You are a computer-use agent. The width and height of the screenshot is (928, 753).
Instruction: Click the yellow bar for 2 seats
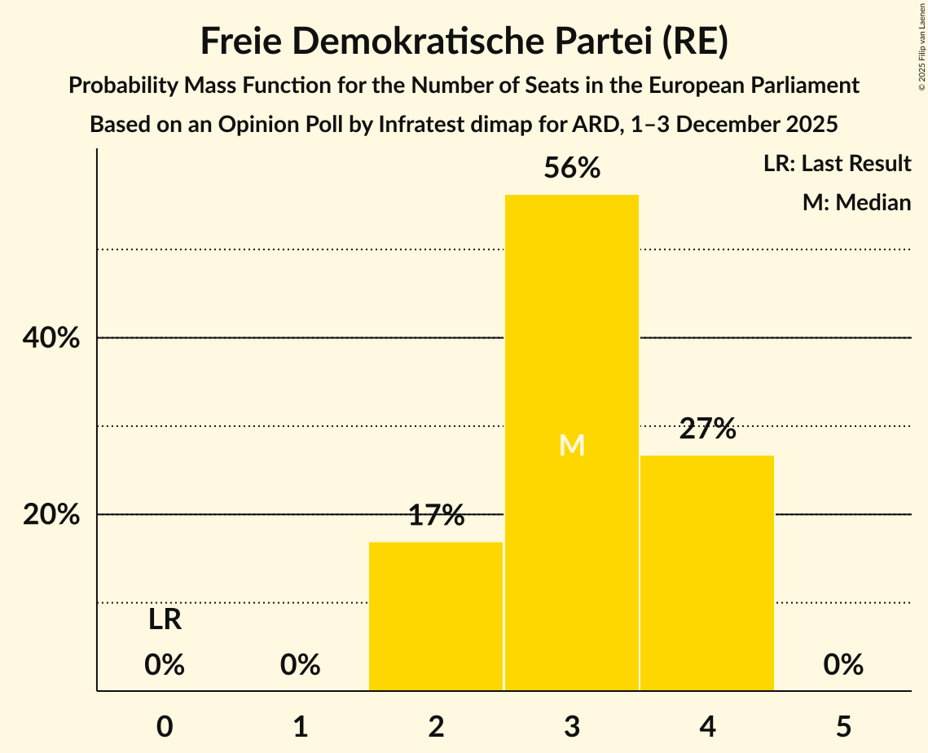436,616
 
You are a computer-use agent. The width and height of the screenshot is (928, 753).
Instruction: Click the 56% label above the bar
572,169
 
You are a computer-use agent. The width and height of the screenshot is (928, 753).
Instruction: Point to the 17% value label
436,516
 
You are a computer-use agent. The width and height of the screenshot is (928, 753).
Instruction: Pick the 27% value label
707,429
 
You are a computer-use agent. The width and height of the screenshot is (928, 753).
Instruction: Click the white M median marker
572,446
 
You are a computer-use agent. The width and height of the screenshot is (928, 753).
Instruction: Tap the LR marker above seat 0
165,620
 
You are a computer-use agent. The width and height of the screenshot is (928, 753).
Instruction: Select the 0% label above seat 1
300,665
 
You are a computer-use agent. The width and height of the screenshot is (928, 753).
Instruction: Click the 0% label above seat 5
843,665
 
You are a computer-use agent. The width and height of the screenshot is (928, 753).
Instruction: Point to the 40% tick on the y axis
51,338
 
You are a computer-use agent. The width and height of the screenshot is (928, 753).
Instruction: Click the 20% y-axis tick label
51,515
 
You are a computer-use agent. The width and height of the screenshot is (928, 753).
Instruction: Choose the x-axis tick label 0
165,726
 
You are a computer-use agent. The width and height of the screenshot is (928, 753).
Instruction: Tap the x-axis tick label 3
572,726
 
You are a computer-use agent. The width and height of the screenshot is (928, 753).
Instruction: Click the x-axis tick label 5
843,726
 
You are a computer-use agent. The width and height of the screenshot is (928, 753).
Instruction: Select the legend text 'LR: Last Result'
837,164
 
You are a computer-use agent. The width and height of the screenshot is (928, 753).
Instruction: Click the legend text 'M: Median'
856,202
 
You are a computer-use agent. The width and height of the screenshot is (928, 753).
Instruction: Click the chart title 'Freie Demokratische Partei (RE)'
464,42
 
